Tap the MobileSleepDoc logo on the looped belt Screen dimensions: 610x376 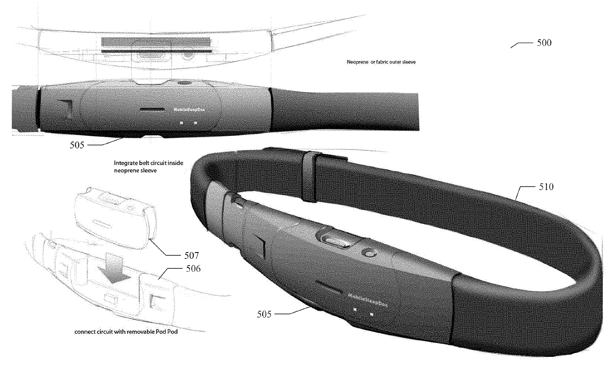(x=367, y=298)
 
